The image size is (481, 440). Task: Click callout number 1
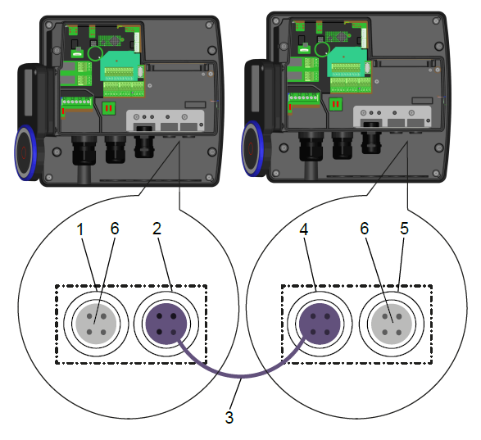click(x=80, y=229)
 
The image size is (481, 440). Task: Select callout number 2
click(x=157, y=229)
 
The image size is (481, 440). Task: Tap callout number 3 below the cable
click(x=229, y=417)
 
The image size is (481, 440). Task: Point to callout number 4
click(x=303, y=229)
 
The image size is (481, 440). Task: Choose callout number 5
click(x=404, y=229)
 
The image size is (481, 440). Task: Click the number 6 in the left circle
click(x=115, y=229)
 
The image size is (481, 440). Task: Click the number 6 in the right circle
click(x=364, y=229)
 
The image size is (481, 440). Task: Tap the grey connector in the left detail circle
click(x=96, y=324)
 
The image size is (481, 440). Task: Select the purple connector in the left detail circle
click(x=166, y=324)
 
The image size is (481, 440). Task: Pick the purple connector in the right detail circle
click(x=320, y=324)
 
